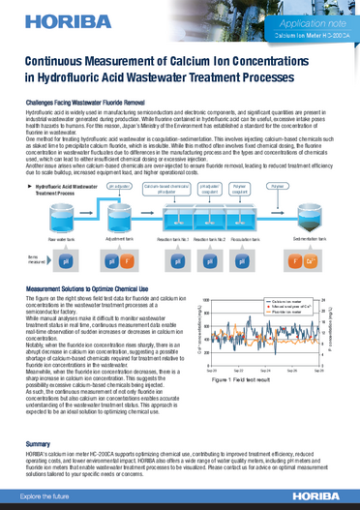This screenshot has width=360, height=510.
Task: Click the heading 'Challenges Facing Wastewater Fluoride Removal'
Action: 85,102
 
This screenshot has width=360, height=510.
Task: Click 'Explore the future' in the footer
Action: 45,495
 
